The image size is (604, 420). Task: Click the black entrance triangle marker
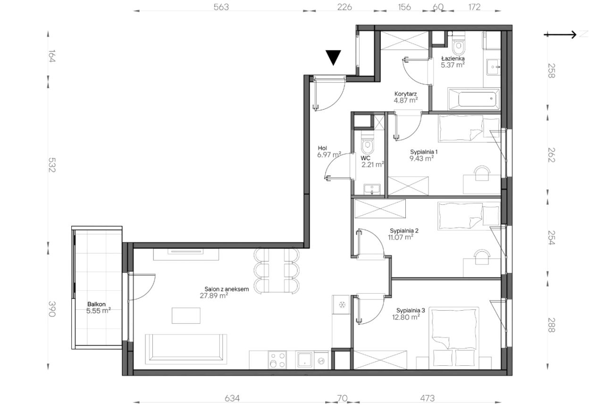tap(333, 57)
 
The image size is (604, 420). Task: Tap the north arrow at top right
tap(560, 34)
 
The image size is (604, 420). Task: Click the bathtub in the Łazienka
tap(474, 99)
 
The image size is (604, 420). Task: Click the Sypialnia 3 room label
tap(411, 310)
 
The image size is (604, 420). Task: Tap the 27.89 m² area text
tap(214, 296)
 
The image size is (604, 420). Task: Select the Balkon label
tap(96, 304)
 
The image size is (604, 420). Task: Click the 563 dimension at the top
tap(221, 7)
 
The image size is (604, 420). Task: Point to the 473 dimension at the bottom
tap(428, 398)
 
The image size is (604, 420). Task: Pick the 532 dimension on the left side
tap(52, 165)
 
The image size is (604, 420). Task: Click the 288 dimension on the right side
tap(552, 325)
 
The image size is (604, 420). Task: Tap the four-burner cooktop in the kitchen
tap(277, 360)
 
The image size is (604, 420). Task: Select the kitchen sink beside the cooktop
tap(304, 360)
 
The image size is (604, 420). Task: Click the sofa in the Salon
tap(186, 349)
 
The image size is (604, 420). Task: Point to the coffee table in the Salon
tap(186, 315)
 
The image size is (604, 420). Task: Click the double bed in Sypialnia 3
tap(454, 338)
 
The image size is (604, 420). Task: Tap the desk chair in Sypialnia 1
tap(482, 173)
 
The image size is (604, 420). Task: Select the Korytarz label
tap(405, 94)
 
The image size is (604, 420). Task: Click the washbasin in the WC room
tap(372, 189)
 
